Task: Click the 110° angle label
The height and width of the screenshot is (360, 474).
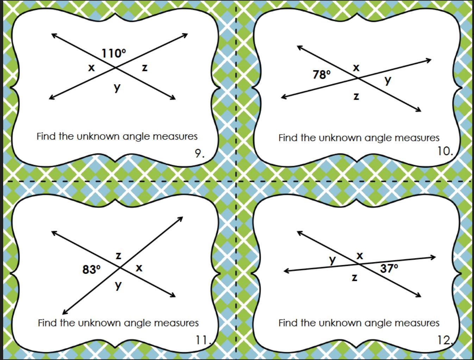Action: (x=113, y=54)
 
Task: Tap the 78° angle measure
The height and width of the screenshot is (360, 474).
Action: (x=322, y=74)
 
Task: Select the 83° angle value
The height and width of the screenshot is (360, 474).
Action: (x=91, y=269)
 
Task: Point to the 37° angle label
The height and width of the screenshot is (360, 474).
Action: (x=389, y=268)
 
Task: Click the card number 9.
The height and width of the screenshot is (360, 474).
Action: (x=199, y=153)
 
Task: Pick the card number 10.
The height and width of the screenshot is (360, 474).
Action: (x=444, y=151)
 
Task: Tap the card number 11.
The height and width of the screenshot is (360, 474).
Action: (x=203, y=340)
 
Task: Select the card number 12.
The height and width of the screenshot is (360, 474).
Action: (x=444, y=340)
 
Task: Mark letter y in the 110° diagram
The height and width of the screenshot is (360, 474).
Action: (x=117, y=87)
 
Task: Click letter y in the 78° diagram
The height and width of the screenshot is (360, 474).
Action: (x=388, y=80)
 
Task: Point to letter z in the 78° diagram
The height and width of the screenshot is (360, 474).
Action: (x=356, y=96)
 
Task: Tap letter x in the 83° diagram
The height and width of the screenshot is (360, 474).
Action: (x=139, y=268)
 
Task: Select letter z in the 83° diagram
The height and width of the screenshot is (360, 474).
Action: (x=119, y=255)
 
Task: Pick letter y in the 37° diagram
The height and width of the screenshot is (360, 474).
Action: (x=332, y=260)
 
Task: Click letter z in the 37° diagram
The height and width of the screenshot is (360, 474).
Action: (x=355, y=278)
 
